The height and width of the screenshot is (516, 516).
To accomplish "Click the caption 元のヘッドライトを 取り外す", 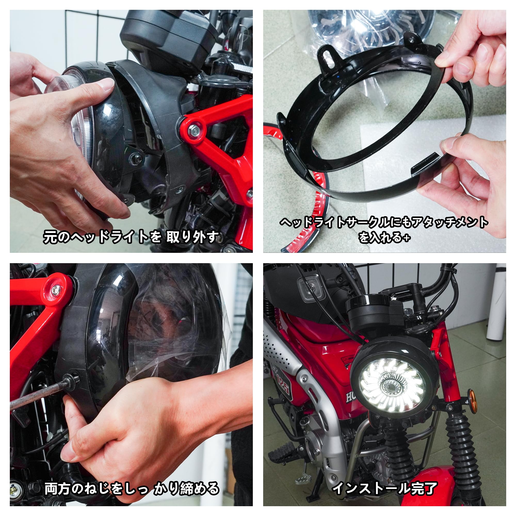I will (x=131, y=237).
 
